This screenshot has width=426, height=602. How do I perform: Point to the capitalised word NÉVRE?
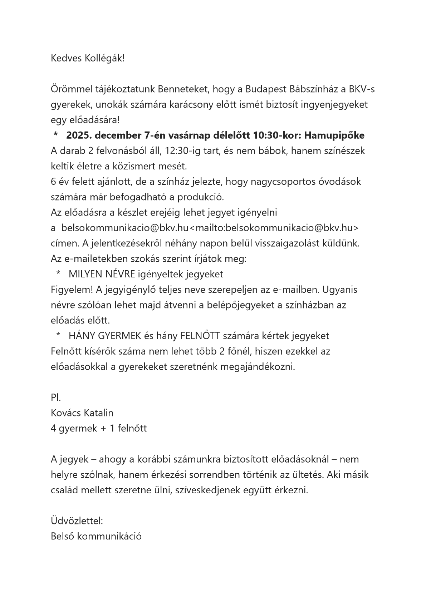[121, 274]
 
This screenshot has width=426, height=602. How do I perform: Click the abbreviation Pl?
[56, 398]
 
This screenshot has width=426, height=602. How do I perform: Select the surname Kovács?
[66, 413]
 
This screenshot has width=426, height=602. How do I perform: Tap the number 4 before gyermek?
[53, 428]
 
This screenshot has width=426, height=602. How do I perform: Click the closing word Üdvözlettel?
[77, 520]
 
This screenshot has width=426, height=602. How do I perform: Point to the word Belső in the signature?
[62, 536]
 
